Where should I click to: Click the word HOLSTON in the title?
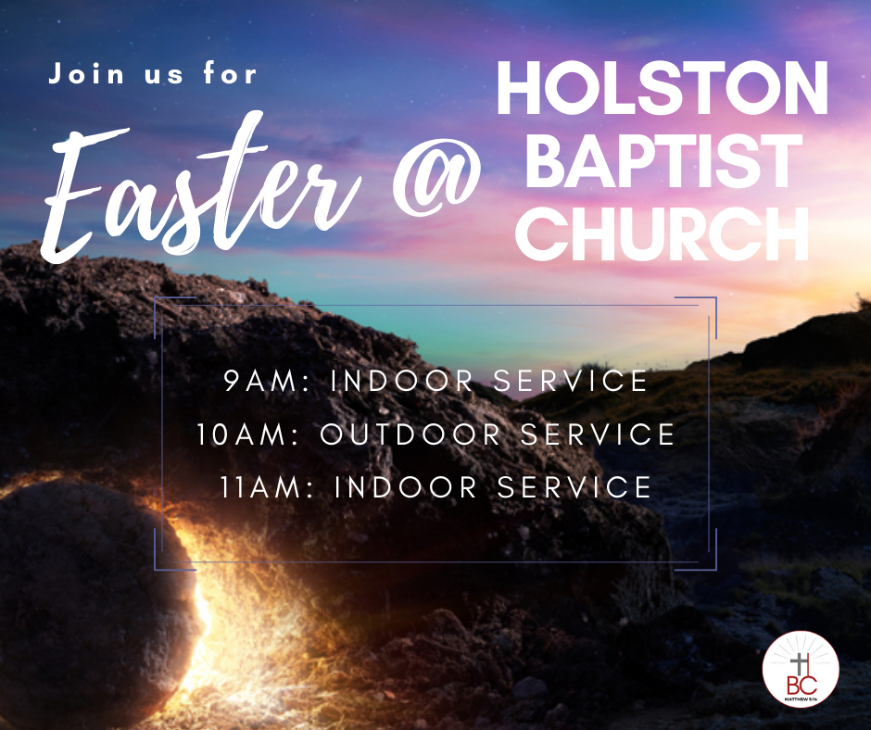pos(663,88)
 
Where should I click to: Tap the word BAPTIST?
pos(663,160)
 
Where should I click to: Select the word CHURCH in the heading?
pos(663,233)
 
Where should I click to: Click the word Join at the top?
pos(86,73)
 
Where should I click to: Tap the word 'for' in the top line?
pos(230,73)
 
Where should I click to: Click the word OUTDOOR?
pos(410,434)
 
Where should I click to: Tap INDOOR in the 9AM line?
pos(401,381)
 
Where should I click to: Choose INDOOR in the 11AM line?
pos(406,487)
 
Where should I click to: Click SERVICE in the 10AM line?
pos(598,434)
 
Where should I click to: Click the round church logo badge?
pos(801,669)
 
